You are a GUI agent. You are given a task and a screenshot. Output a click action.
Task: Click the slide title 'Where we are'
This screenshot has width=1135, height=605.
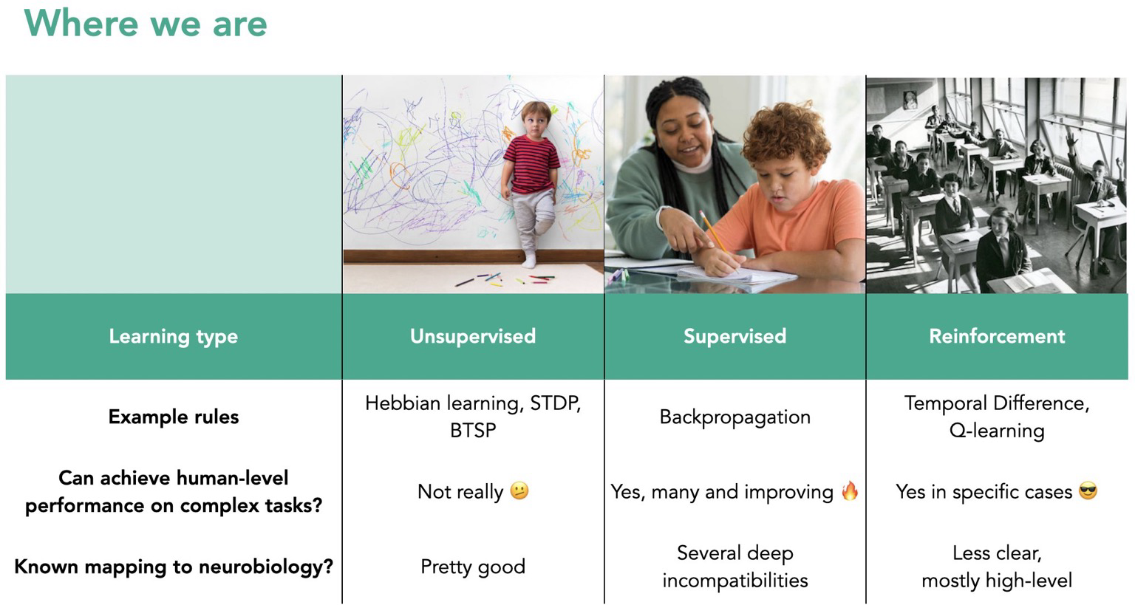[146, 24]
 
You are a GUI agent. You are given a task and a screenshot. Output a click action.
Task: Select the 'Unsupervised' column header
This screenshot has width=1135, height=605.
[473, 336]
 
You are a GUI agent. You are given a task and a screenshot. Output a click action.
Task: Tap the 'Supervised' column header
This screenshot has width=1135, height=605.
[734, 336]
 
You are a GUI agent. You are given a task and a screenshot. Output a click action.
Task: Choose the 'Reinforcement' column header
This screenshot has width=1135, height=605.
[997, 336]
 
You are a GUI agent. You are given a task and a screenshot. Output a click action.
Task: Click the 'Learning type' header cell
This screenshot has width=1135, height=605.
[174, 337]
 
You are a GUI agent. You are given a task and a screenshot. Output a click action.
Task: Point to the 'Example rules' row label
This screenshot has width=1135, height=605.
[174, 417]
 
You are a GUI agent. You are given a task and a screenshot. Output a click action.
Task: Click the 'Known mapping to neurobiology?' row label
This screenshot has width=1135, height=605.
[174, 567]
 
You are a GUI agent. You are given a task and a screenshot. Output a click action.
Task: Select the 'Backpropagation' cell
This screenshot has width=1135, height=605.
[734, 417]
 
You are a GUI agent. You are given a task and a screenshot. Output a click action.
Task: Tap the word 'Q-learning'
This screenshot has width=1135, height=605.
[997, 431]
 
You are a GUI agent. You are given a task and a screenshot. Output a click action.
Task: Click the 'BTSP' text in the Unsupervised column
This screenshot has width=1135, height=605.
[473, 431]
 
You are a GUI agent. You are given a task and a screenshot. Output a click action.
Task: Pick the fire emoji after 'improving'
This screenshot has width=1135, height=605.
[850, 491]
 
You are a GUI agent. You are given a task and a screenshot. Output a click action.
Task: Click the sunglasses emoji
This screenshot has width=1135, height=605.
[1088, 491]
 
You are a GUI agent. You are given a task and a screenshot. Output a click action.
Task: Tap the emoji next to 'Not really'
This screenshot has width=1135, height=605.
[519, 491]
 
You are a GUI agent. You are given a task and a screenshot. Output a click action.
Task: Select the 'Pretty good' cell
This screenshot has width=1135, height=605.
[473, 567]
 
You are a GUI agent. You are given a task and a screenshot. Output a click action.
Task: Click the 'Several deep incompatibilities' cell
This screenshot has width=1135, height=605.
[734, 567]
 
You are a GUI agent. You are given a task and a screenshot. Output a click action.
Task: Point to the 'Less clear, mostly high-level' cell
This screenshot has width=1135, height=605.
[997, 567]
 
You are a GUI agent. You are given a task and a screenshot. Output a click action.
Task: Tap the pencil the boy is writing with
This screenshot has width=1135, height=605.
[715, 234]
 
